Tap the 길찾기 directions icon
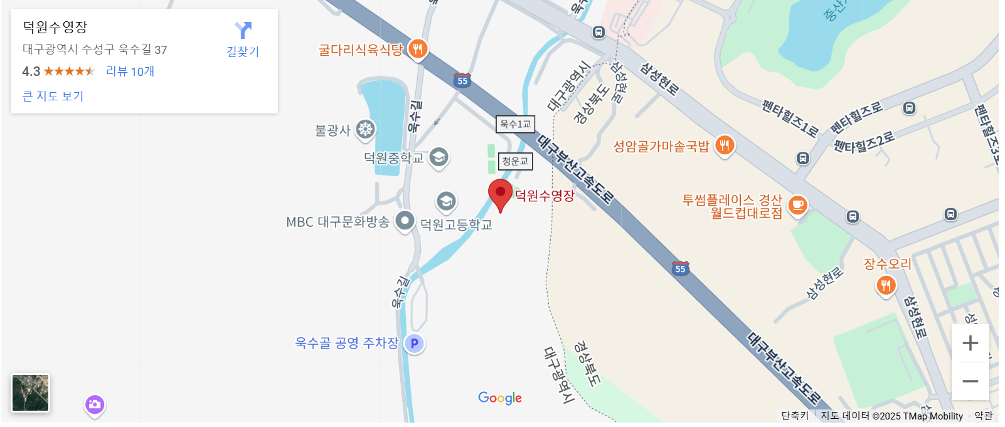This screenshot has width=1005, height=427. (243, 31)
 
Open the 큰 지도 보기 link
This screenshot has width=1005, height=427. (53, 96)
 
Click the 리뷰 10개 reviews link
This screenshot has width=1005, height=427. (130, 71)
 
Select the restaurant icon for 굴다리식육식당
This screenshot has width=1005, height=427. (418, 48)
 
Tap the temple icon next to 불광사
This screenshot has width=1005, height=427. (365, 130)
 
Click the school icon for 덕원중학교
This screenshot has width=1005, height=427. (439, 156)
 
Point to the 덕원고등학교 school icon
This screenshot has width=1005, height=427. (446, 201)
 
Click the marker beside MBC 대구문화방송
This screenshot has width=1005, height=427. (405, 220)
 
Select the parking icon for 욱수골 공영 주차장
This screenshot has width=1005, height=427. (414, 343)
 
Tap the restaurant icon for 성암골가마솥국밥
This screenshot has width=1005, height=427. (725, 145)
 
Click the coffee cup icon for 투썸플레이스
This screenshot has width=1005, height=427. (797, 204)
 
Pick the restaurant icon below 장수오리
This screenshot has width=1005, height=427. (886, 285)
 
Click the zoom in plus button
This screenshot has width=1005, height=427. (970, 343)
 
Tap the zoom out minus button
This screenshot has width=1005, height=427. (970, 381)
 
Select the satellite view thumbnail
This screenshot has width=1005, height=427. (30, 393)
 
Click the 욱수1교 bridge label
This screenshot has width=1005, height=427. (515, 124)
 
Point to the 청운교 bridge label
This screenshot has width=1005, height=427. (515, 161)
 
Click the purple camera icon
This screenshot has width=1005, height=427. (95, 404)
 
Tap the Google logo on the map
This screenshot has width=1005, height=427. (499, 398)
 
